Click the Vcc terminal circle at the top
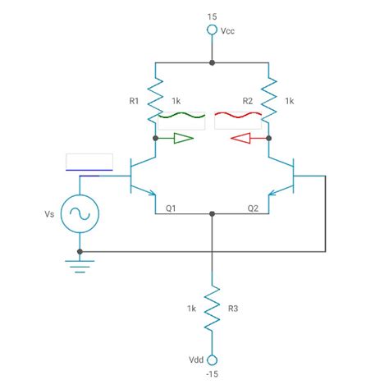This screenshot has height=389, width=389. pyautogui.click(x=212, y=32)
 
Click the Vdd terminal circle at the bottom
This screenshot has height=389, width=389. pyautogui.click(x=212, y=359)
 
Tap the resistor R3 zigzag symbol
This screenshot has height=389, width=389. pyautogui.click(x=212, y=308)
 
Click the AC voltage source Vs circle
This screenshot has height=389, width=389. pyautogui.click(x=80, y=213)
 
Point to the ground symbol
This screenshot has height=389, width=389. pyautogui.click(x=80, y=264)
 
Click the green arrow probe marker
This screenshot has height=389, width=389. pyautogui.click(x=181, y=139)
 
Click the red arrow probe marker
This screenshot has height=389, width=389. pyautogui.click(x=243, y=139)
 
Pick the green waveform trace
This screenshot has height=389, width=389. pyautogui.click(x=181, y=116)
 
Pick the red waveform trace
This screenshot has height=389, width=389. pyautogui.click(x=238, y=116)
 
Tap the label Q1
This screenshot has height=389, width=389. pyautogui.click(x=171, y=208)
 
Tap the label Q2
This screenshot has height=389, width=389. pyautogui.click(x=253, y=208)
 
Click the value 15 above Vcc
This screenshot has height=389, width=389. pyautogui.click(x=212, y=16)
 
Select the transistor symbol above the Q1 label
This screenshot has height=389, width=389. pyautogui.click(x=144, y=175)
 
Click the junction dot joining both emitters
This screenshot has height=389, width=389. pyautogui.click(x=212, y=214)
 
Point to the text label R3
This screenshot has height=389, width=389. pyautogui.click(x=233, y=309)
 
